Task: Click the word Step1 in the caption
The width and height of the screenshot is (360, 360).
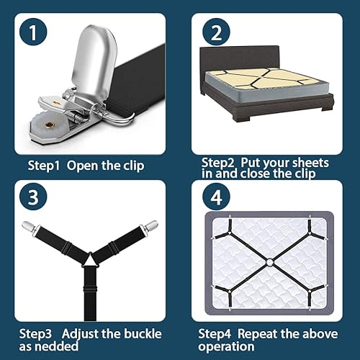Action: click(x=45, y=166)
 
